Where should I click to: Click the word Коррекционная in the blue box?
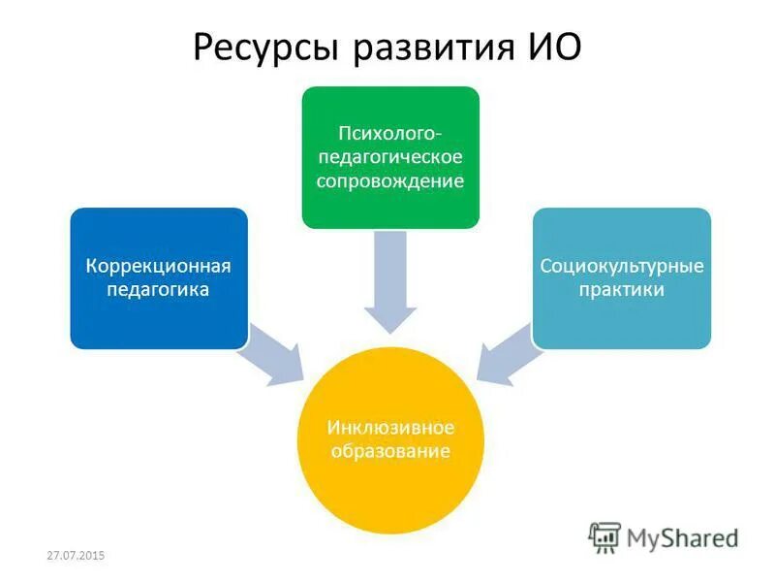158,266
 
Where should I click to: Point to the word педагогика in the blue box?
158,289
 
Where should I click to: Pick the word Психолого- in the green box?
389,131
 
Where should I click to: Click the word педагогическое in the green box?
389,155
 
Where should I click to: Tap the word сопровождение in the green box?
389,180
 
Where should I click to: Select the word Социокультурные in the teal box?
622,265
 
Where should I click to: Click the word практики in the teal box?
622,289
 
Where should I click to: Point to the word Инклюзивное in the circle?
389,428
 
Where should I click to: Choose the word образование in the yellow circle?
389,452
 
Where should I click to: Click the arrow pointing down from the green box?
389,281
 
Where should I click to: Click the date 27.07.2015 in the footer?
75,555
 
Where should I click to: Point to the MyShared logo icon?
604,536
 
